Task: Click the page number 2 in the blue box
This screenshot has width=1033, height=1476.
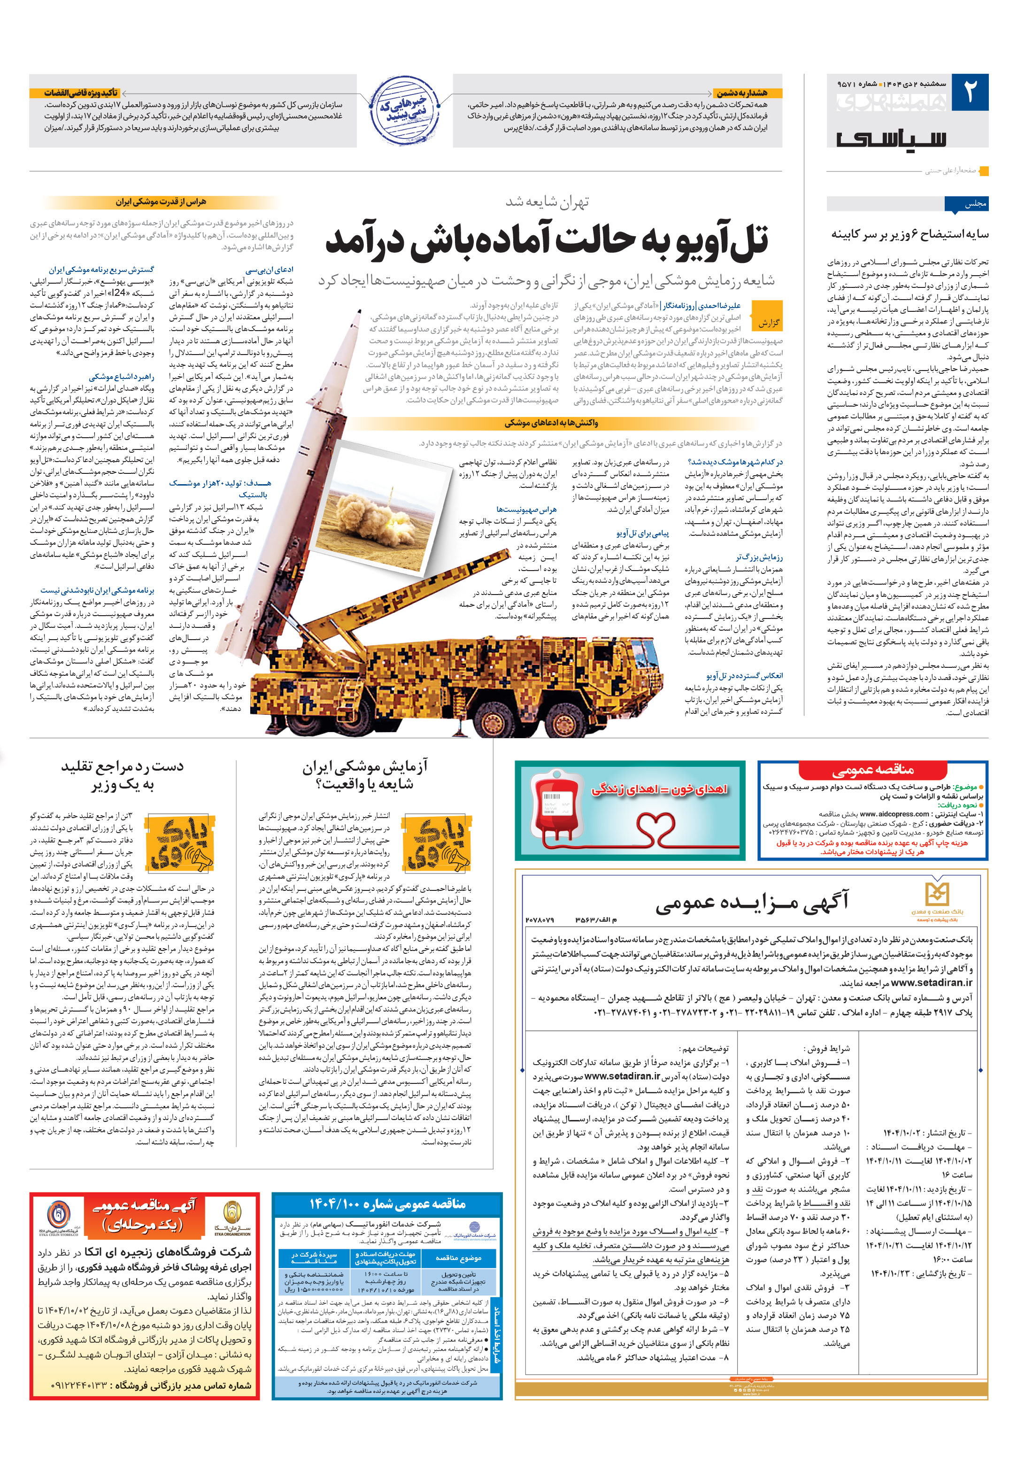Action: (969, 93)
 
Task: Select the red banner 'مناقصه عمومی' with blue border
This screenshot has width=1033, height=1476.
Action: (872, 770)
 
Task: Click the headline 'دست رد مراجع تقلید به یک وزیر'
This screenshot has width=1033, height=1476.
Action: (122, 775)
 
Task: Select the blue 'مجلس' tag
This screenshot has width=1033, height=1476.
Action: (965, 204)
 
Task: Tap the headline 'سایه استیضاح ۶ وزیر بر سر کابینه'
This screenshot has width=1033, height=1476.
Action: (910, 234)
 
